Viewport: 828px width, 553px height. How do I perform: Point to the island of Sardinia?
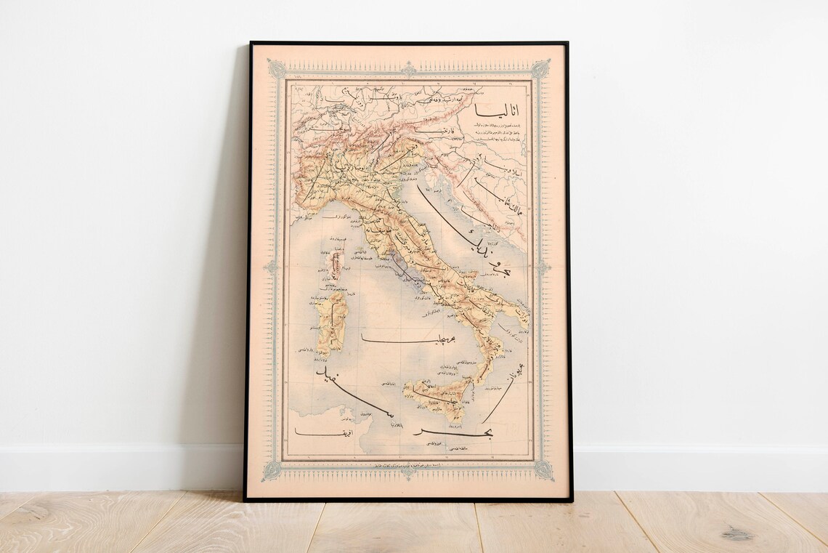331,323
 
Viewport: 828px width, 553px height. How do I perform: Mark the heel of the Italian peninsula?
518,314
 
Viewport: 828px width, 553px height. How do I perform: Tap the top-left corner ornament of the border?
277,69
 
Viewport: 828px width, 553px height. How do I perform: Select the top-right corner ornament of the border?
540,69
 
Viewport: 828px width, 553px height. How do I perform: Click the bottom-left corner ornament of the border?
272,470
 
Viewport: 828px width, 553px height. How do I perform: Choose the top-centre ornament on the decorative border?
408,68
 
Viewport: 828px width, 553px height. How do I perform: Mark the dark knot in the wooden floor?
736,535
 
